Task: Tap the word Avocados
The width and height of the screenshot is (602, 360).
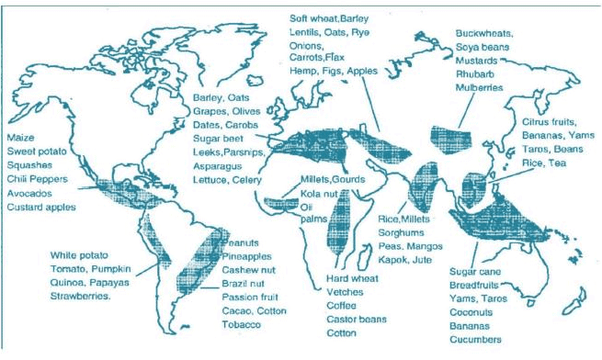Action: point(29,193)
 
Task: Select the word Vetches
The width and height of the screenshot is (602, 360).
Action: point(346,293)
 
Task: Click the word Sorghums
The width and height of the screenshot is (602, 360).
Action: point(403,233)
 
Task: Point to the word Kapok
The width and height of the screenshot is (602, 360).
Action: point(393,263)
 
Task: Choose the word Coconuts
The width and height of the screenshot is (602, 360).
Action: point(474,310)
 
